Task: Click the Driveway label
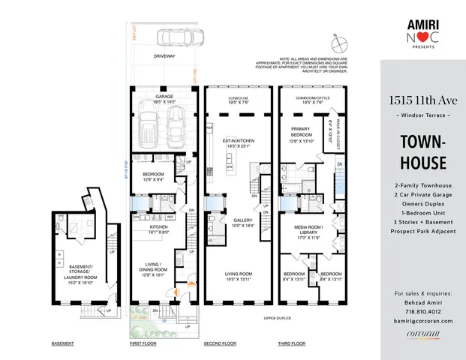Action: pyautogui.click(x=164, y=56)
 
